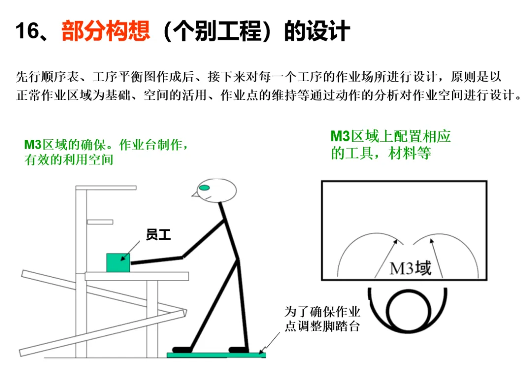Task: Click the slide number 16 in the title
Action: point(27,31)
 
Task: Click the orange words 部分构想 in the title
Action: point(106,31)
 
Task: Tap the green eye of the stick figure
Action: point(204,188)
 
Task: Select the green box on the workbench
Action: point(118,262)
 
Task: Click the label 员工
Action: point(158,235)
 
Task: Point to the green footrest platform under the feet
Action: point(216,355)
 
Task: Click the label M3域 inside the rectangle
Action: point(411,268)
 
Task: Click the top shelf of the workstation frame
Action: point(106,188)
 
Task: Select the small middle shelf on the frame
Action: point(100,222)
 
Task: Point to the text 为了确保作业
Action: point(322,312)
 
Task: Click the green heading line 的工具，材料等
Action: point(381,153)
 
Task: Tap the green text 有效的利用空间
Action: point(69,159)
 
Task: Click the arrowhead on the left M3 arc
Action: point(395,241)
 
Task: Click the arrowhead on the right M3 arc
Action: point(432,241)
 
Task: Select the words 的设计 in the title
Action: point(317,31)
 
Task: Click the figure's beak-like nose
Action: point(195,194)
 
